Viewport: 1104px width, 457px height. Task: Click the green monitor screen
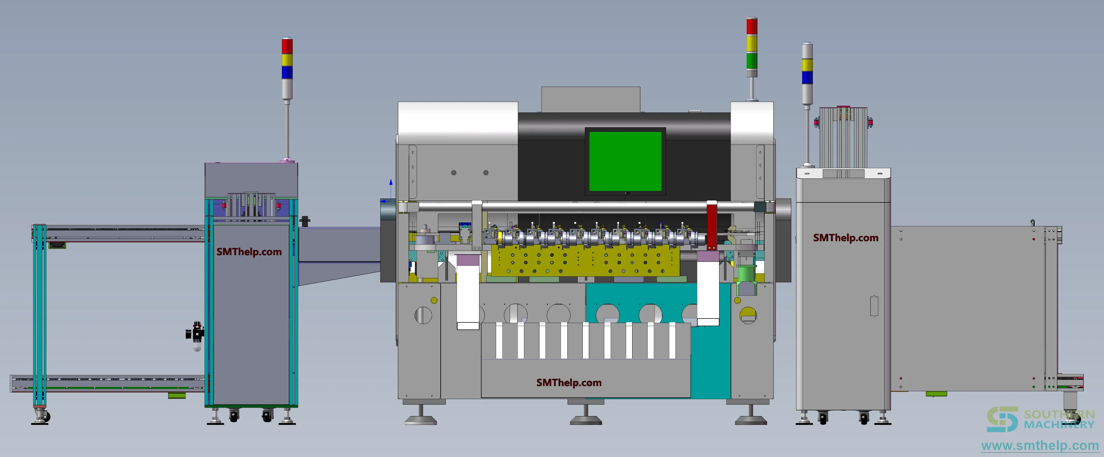pyautogui.click(x=625, y=161)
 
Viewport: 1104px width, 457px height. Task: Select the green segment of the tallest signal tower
pyautogui.click(x=752, y=61)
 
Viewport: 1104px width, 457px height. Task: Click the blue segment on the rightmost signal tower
pyautogui.click(x=807, y=78)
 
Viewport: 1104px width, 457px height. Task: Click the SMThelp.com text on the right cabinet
pyautogui.click(x=846, y=238)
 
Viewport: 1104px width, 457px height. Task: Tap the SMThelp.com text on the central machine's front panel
pyautogui.click(x=569, y=383)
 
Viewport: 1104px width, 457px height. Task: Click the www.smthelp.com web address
pyautogui.click(x=1040, y=446)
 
